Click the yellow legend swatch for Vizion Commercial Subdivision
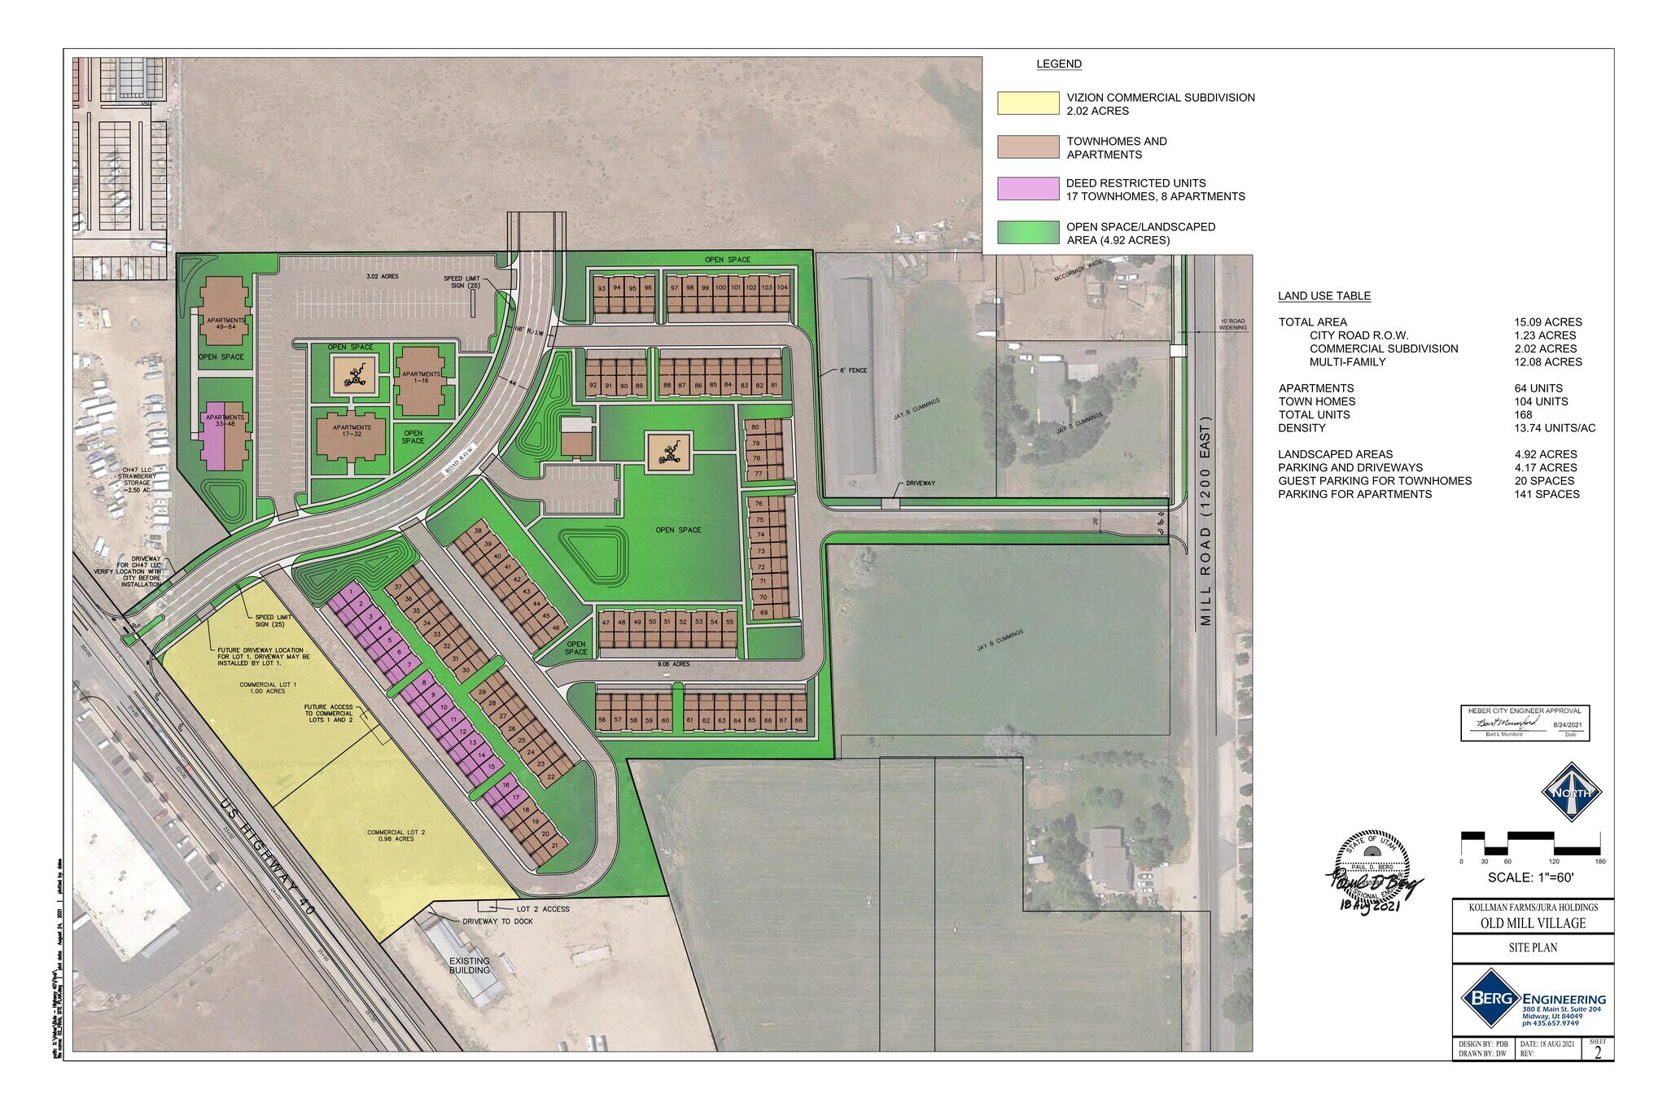point(1028,103)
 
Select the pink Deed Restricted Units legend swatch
point(1028,189)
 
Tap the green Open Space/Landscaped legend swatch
point(1028,233)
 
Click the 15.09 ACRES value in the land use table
point(1547,322)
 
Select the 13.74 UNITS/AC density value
point(1555,428)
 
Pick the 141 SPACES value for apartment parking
point(1547,494)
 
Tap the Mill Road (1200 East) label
point(1205,521)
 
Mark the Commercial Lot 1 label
point(268,688)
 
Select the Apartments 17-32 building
point(352,433)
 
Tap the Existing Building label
point(470,965)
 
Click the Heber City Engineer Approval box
point(1525,723)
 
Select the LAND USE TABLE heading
point(1324,296)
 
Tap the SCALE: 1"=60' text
point(1530,878)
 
